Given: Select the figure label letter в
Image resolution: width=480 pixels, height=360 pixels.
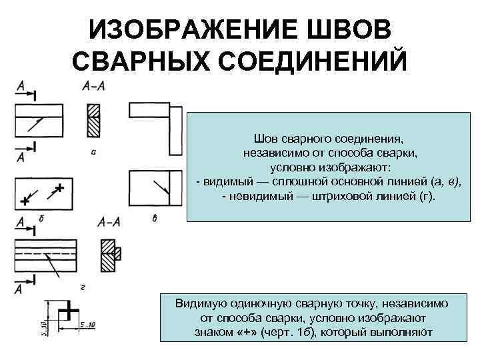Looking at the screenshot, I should point(154,218).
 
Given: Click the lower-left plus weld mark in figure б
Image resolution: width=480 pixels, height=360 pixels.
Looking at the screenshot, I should point(26,199).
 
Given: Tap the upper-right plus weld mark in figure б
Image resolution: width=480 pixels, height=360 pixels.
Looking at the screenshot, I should point(61,187).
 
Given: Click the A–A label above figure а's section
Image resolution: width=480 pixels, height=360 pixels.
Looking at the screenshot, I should point(93,86).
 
